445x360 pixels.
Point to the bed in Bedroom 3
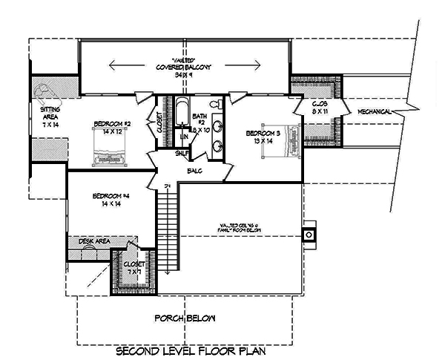[x=286, y=138]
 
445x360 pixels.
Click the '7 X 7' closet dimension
[x=133, y=272]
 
